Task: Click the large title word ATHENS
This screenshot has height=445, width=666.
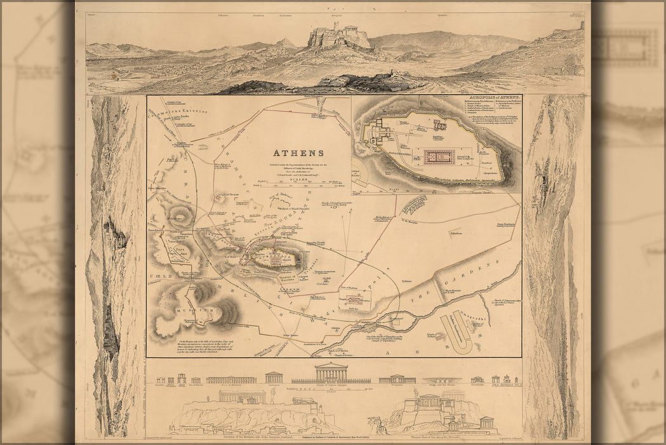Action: [x=298, y=153]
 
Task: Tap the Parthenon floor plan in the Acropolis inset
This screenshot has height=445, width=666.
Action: [x=439, y=156]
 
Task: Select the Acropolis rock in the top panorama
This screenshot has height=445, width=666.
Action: [x=338, y=37]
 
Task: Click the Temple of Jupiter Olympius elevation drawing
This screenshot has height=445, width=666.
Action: [x=331, y=373]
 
